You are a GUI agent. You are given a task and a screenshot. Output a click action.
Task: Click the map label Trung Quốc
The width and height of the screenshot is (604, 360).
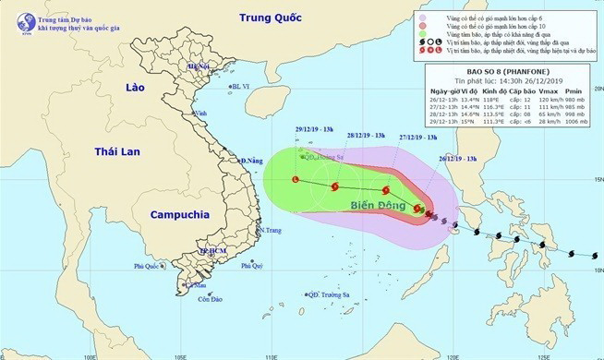tap(271, 18)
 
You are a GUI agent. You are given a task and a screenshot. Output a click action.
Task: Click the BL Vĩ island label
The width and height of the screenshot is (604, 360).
tap(241, 86)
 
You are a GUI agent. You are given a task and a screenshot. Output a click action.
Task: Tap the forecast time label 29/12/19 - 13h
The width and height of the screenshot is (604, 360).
tap(302, 129)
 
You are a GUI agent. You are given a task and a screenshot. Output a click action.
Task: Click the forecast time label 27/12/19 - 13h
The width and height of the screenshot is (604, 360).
tap(417, 137)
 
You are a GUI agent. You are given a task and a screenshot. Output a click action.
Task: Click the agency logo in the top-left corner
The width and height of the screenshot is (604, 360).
tap(14, 14)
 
